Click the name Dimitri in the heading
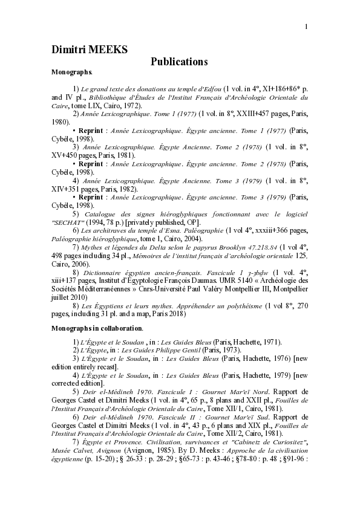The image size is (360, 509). coord(71,50)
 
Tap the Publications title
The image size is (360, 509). coord(179,62)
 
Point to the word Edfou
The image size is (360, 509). coord(212,89)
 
